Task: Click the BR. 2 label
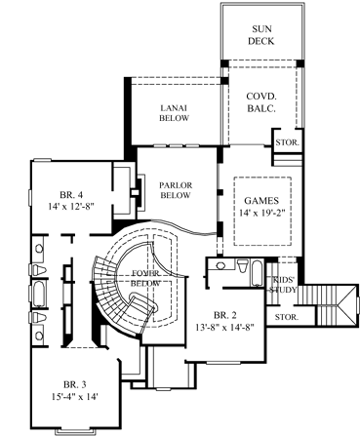224,314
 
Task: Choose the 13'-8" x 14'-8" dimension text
224,327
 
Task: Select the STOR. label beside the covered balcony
288,143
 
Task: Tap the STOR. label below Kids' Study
286,317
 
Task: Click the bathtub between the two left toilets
39,294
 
